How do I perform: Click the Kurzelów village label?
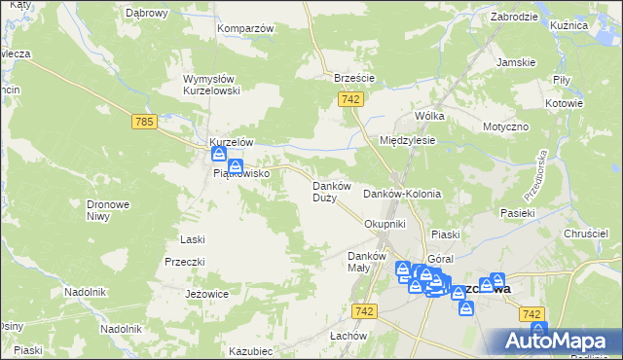pyautogui.click(x=233, y=141)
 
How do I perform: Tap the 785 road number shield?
pyautogui.click(x=144, y=122)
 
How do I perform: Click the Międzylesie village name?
pyautogui.click(x=407, y=140)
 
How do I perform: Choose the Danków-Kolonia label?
pyautogui.click(x=402, y=194)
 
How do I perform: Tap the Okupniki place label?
pyautogui.click(x=384, y=224)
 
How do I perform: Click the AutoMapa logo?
pyautogui.click(x=556, y=342)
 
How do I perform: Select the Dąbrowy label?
pyautogui.click(x=147, y=14)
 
